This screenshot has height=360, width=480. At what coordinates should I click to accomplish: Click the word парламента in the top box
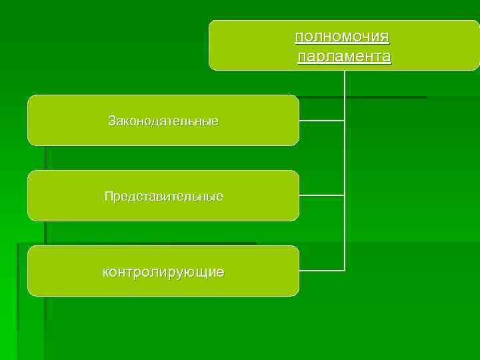pos(344,57)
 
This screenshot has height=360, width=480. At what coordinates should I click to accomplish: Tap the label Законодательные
pos(163,121)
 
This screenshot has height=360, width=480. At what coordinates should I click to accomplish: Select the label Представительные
pos(163,197)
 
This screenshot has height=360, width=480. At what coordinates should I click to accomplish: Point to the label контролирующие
pos(163,272)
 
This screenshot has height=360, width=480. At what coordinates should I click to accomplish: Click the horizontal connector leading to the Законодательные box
pos(321,121)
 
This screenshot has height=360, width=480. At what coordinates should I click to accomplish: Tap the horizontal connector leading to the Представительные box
pos(321,195)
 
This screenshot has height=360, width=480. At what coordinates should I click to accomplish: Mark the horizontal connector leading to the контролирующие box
pos(321,270)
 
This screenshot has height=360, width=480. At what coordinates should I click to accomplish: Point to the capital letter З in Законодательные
pos(112,121)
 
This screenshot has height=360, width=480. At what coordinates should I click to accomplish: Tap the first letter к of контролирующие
pos(105,273)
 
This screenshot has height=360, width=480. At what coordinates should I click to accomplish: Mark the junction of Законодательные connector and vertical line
pos(345,121)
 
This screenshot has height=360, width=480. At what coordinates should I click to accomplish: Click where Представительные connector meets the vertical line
pos(345,195)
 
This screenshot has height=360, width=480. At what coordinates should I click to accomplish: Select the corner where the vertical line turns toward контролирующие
pos(345,270)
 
